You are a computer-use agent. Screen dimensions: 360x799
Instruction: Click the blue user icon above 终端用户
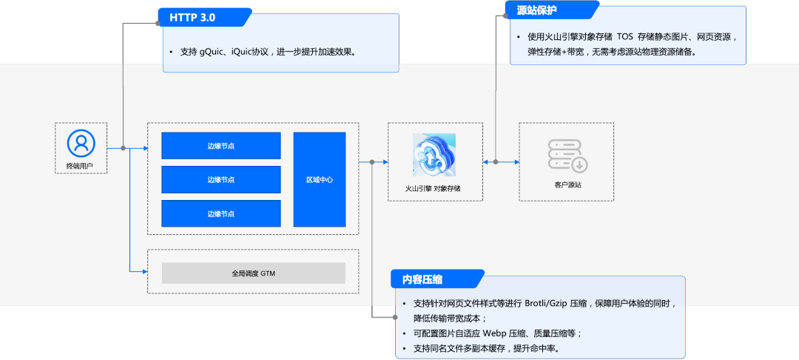(81, 142)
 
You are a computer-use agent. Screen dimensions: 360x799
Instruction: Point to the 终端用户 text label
(81, 166)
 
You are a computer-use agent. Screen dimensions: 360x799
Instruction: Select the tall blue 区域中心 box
(320, 179)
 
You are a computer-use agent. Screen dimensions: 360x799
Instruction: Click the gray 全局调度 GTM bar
(254, 273)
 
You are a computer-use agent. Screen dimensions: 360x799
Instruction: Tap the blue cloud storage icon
(434, 155)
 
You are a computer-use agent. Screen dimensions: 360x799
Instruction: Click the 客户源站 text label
(567, 184)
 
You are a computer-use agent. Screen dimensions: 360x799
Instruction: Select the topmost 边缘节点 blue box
(221, 145)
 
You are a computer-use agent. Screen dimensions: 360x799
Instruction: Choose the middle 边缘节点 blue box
(221, 179)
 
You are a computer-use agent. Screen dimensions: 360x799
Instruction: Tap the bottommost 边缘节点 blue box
(221, 213)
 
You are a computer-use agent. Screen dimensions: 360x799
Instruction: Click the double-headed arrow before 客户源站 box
(501, 161)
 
